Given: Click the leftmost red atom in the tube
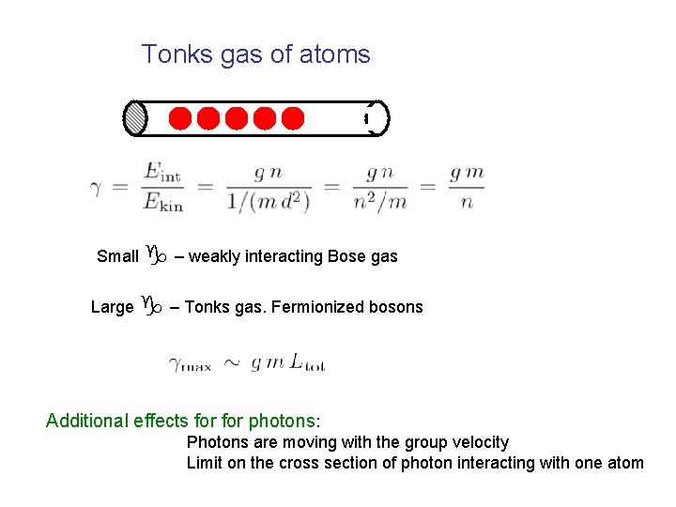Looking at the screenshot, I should pyautogui.click(x=180, y=119).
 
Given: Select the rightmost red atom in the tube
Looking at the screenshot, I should pyautogui.click(x=293, y=119).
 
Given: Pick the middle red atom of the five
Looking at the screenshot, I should pyautogui.click(x=237, y=119).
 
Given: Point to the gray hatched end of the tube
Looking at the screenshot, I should pyautogui.click(x=136, y=118).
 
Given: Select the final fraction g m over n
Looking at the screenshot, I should pyautogui.click(x=467, y=187).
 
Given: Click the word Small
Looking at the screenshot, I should pyautogui.click(x=118, y=256).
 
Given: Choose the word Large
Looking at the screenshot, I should pyautogui.click(x=113, y=307).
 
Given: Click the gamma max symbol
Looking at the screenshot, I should pyautogui.click(x=190, y=362).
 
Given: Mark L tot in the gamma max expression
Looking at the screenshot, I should pyautogui.click(x=305, y=362).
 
